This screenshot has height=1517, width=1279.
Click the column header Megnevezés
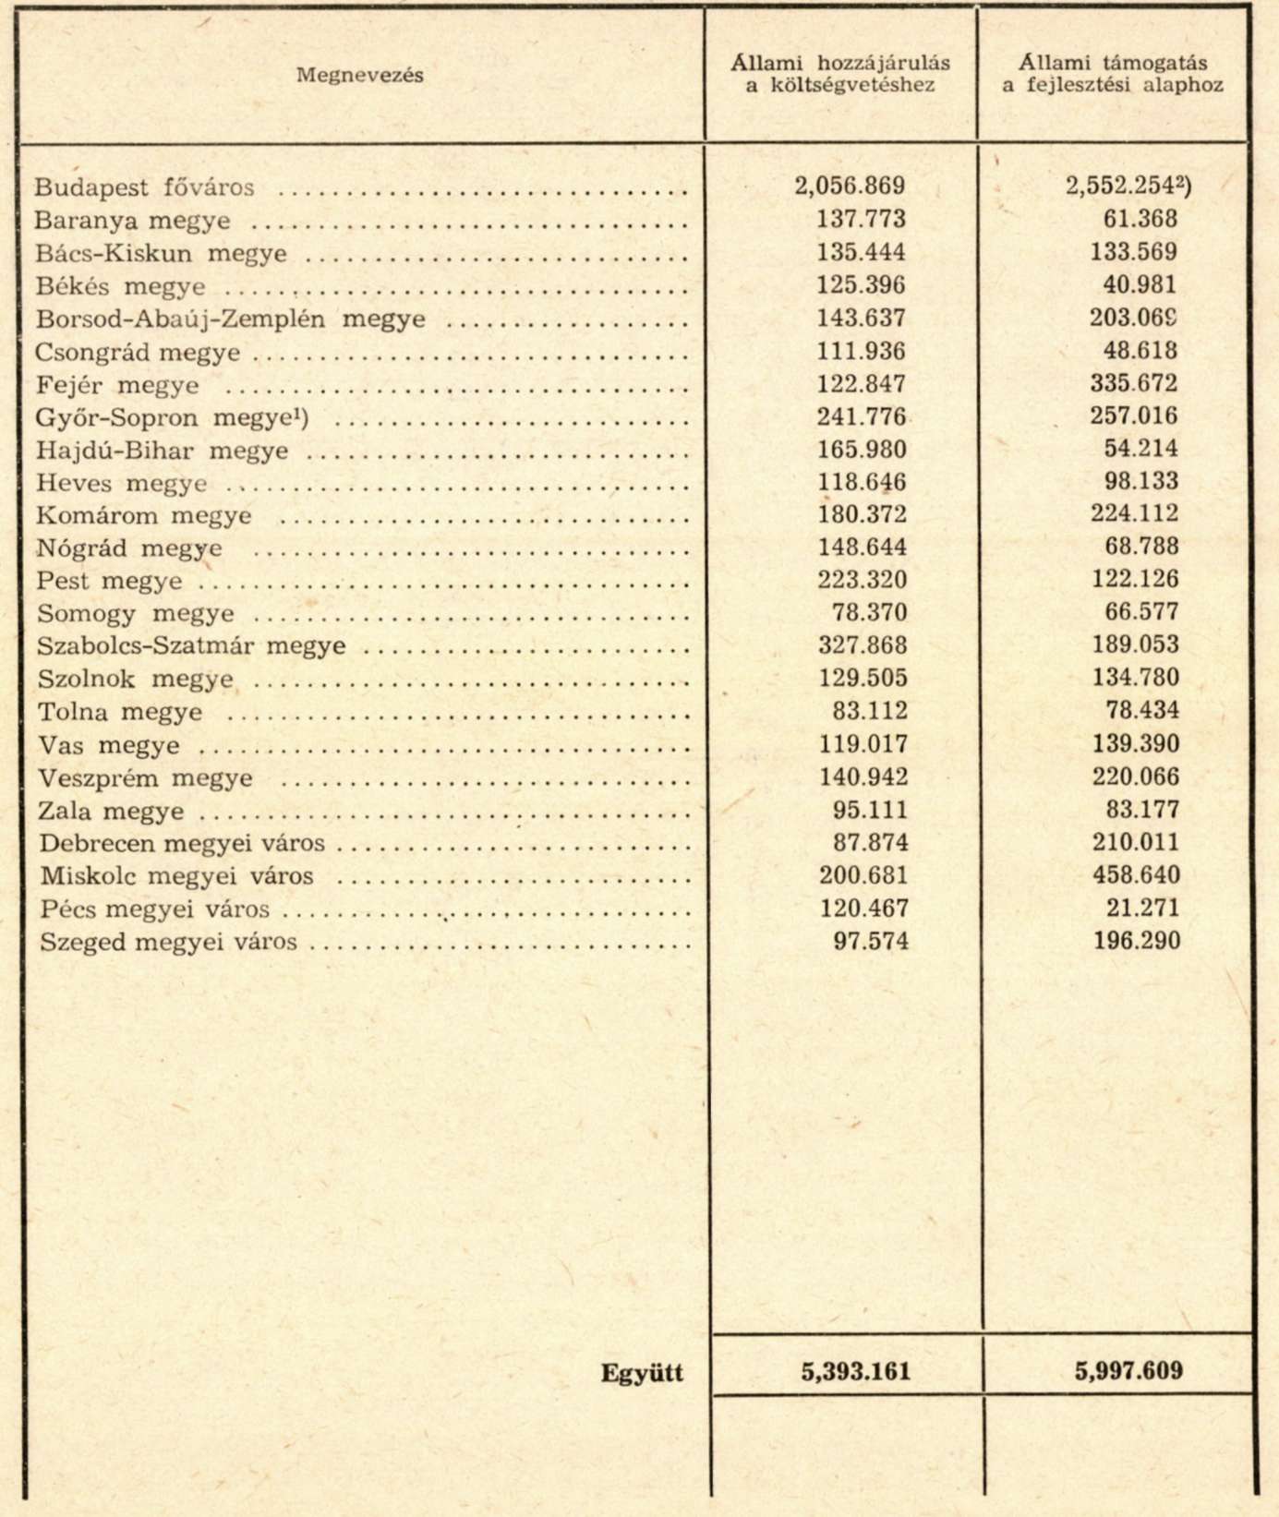point(359,76)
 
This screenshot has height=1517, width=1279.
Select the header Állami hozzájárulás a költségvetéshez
point(840,74)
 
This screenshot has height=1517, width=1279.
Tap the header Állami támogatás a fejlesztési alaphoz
point(1113,74)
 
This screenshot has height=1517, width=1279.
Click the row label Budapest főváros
point(144,187)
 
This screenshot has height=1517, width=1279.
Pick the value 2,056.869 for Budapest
point(850,187)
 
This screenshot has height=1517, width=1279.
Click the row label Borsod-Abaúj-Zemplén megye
point(231,319)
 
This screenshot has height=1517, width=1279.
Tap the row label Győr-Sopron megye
point(172,418)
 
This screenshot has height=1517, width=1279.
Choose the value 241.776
point(862,416)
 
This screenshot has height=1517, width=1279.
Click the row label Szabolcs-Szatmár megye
point(191,646)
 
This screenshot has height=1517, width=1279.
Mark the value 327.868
point(863,645)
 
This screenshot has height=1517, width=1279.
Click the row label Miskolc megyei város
point(176,876)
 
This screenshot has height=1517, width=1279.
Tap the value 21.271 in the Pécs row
point(1142,908)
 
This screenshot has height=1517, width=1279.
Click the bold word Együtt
point(642,1373)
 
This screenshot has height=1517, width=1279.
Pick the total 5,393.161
point(855,1371)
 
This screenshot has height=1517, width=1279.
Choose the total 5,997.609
point(1128,1371)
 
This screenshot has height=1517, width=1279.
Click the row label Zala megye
point(111,812)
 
